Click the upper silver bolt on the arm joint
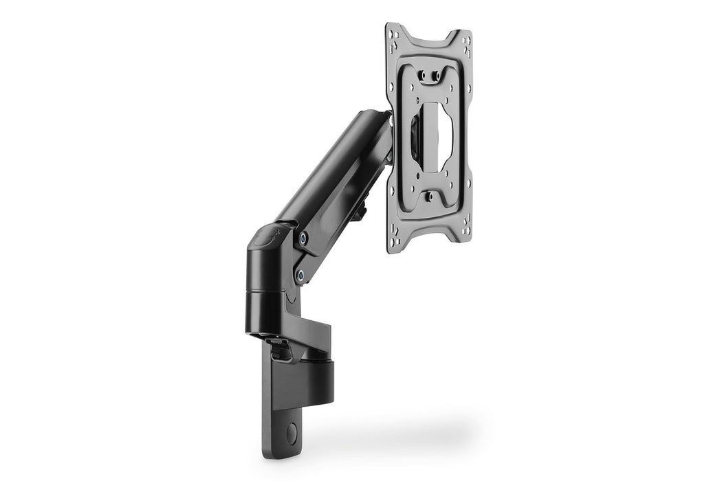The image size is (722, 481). coord(303,238)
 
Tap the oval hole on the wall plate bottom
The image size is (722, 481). coord(292,434)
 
